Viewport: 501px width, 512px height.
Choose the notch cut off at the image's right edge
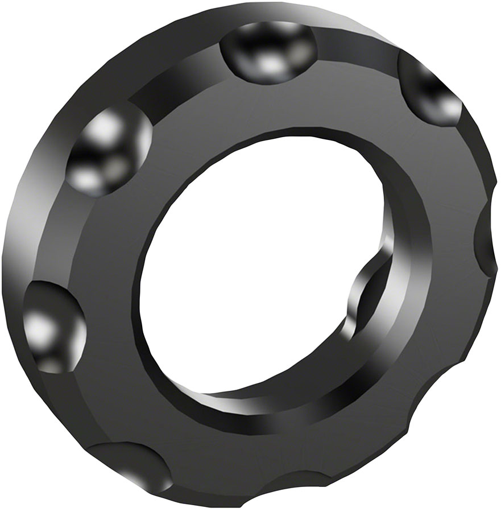coord(488,239)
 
